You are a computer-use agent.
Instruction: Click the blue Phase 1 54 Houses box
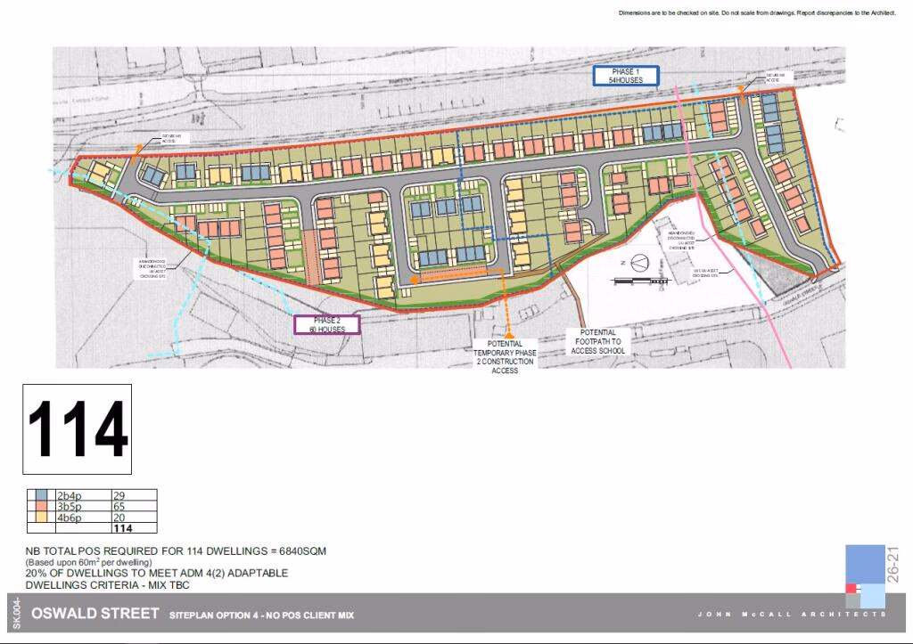pyautogui.click(x=626, y=76)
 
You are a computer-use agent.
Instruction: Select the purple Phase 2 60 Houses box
pyautogui.click(x=326, y=324)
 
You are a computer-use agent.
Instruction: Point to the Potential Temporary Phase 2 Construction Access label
pyautogui.click(x=505, y=356)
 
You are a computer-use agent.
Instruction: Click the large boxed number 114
pyautogui.click(x=78, y=429)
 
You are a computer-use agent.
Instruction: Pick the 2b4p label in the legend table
pyautogui.click(x=70, y=494)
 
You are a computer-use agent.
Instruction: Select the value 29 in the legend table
pyautogui.click(x=120, y=494)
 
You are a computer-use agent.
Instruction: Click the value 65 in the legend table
pyautogui.click(x=120, y=506)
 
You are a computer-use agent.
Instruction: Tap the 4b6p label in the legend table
pyautogui.click(x=70, y=518)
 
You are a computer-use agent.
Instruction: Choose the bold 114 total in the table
pyautogui.click(x=123, y=528)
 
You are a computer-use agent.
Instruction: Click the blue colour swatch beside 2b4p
pyautogui.click(x=42, y=494)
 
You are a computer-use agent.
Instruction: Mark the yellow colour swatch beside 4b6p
pyautogui.click(x=42, y=518)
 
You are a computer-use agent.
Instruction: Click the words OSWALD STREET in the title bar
pyautogui.click(x=95, y=614)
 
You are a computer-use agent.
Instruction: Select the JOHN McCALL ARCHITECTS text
pyautogui.click(x=792, y=615)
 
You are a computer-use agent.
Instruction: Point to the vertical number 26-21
pyautogui.click(x=892, y=561)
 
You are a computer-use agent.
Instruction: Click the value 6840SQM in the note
pyautogui.click(x=298, y=551)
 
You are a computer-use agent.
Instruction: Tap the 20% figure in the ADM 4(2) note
pyautogui.click(x=36, y=573)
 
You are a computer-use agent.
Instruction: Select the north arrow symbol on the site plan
pyautogui.click(x=638, y=264)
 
